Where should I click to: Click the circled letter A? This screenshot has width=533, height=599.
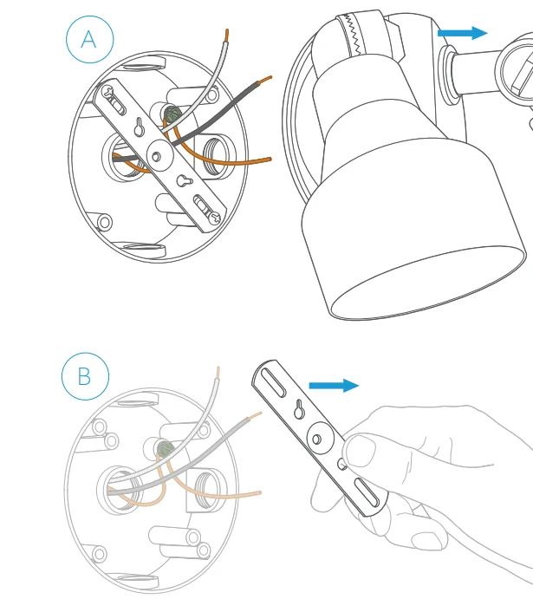click(x=90, y=39)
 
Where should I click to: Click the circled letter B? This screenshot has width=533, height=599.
click(x=85, y=376)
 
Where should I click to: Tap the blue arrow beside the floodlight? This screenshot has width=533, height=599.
click(x=462, y=33)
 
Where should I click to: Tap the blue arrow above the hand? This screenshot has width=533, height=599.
click(x=334, y=386)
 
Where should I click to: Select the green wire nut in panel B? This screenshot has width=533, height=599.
click(x=166, y=449)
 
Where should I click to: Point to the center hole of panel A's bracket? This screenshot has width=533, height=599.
click(x=156, y=157)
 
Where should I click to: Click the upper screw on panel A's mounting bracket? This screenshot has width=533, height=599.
click(x=108, y=91)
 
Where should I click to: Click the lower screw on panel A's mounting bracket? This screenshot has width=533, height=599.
click(x=215, y=218)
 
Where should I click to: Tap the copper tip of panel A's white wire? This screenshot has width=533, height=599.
click(x=227, y=36)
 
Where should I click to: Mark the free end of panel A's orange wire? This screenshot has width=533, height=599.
click(x=270, y=159)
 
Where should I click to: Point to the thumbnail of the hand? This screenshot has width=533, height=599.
click(x=361, y=451)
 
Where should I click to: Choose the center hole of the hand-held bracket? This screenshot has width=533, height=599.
click(x=316, y=439)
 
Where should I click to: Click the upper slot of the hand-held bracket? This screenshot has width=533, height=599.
click(x=274, y=383)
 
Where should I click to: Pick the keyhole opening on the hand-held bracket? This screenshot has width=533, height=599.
click(x=299, y=409)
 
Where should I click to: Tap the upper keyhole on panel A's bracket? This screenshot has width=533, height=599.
click(x=140, y=127)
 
